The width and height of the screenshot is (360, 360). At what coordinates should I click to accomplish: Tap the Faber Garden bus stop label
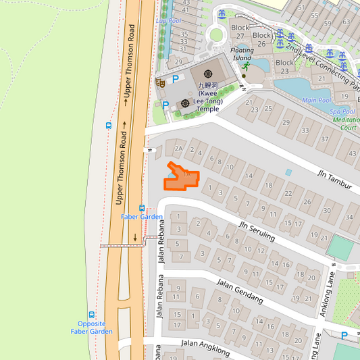pos(142,217)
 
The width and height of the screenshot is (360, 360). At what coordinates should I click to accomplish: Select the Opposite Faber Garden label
pos(91,328)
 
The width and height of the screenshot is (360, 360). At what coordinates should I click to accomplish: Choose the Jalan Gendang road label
pos(238,292)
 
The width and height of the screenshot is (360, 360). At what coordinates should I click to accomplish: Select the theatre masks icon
pos(161,82)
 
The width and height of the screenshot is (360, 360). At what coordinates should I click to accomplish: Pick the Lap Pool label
pos(169,21)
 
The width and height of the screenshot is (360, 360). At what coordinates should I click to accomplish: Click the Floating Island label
pos(242,54)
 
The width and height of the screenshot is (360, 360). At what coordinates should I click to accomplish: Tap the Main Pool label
pos(317,101)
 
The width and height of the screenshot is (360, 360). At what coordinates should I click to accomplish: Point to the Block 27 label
pos(240,32)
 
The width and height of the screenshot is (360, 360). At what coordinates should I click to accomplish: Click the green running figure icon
pos(247,67)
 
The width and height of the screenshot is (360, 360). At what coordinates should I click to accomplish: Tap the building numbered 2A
pos(178,148)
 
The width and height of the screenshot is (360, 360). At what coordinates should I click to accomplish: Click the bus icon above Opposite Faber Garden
pos(91,315)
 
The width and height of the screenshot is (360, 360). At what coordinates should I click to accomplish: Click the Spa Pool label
pos(342,111)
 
